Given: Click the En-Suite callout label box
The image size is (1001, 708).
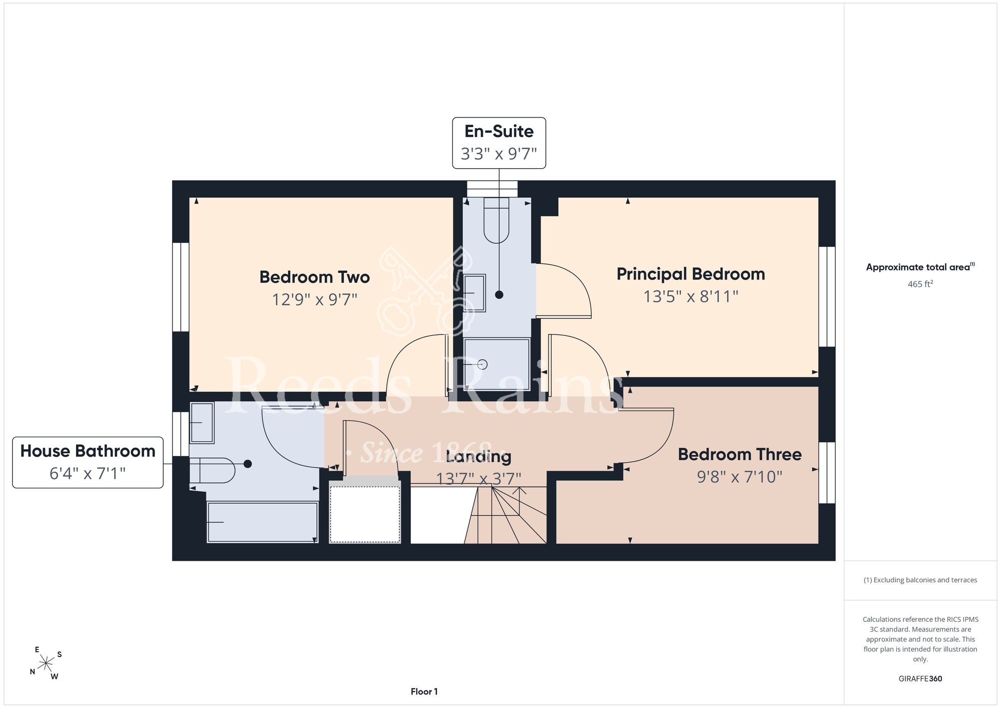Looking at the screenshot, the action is pyautogui.click(x=499, y=143).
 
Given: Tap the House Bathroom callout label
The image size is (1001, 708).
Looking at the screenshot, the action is pyautogui.click(x=88, y=462).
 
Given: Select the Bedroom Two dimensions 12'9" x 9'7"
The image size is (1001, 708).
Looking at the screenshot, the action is pyautogui.click(x=314, y=299).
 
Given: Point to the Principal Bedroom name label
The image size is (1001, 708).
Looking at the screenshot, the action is pyautogui.click(x=691, y=274).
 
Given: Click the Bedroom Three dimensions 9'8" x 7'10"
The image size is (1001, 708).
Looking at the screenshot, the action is pyautogui.click(x=740, y=477).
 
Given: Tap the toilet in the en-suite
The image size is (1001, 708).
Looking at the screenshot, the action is pyautogui.click(x=496, y=220).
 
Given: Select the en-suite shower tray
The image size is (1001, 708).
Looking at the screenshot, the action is pyautogui.click(x=496, y=364).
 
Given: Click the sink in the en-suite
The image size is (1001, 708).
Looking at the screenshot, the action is pyautogui.click(x=474, y=293).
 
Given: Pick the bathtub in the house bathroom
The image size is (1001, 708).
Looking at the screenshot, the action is pyautogui.click(x=263, y=522).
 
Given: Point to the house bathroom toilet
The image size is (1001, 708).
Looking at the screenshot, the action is pyautogui.click(x=212, y=470).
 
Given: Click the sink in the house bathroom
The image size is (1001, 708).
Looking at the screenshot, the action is pyautogui.click(x=202, y=423).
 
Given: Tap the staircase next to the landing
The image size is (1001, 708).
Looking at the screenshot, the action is pyautogui.click(x=506, y=515).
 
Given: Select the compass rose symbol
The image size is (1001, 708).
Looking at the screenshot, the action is pyautogui.click(x=46, y=663).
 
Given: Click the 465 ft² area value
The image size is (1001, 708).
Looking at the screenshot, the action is pyautogui.click(x=920, y=284).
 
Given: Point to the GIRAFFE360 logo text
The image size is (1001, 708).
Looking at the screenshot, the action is pyautogui.click(x=920, y=679).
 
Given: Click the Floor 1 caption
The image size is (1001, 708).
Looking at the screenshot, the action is pyautogui.click(x=424, y=691).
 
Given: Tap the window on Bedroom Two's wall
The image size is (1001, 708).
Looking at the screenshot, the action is pyautogui.click(x=181, y=287).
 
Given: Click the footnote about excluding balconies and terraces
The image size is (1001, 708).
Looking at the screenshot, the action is pyautogui.click(x=920, y=580).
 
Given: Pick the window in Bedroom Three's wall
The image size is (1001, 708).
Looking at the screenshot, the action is pyautogui.click(x=827, y=473).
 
